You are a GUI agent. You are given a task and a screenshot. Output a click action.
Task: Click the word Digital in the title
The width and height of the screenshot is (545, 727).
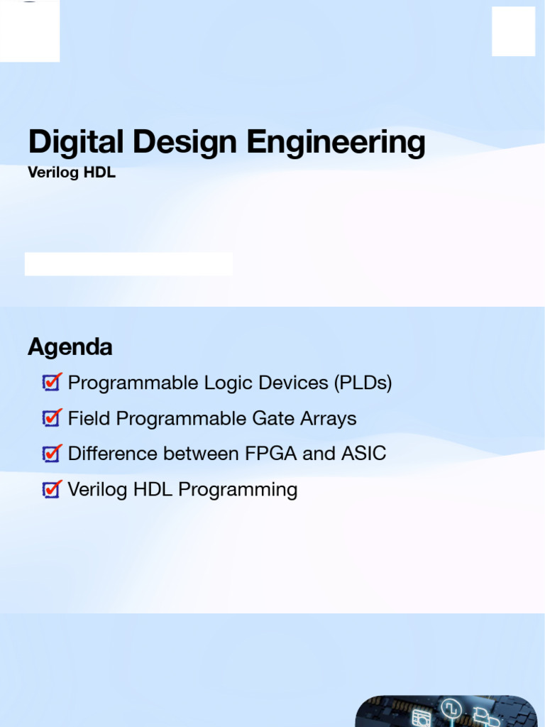coord(76,141)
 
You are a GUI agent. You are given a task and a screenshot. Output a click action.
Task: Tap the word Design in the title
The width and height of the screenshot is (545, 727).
coord(185,142)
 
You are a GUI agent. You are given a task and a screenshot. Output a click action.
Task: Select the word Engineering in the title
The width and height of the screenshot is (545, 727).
coord(336,142)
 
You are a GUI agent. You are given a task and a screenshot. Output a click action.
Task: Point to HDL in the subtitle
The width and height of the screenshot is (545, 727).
coord(99,172)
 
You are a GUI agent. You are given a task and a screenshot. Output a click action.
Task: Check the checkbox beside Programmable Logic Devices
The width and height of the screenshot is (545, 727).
coord(52,382)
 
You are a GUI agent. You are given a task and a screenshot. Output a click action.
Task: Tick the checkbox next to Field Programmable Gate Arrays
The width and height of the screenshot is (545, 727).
coord(52,417)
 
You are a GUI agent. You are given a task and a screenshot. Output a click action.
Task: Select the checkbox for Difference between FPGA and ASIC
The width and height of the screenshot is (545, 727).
coord(52,454)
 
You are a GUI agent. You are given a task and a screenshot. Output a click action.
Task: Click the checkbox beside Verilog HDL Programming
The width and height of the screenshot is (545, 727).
coord(52,489)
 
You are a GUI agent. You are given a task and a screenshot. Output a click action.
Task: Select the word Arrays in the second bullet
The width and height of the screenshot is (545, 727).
coord(329,419)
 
